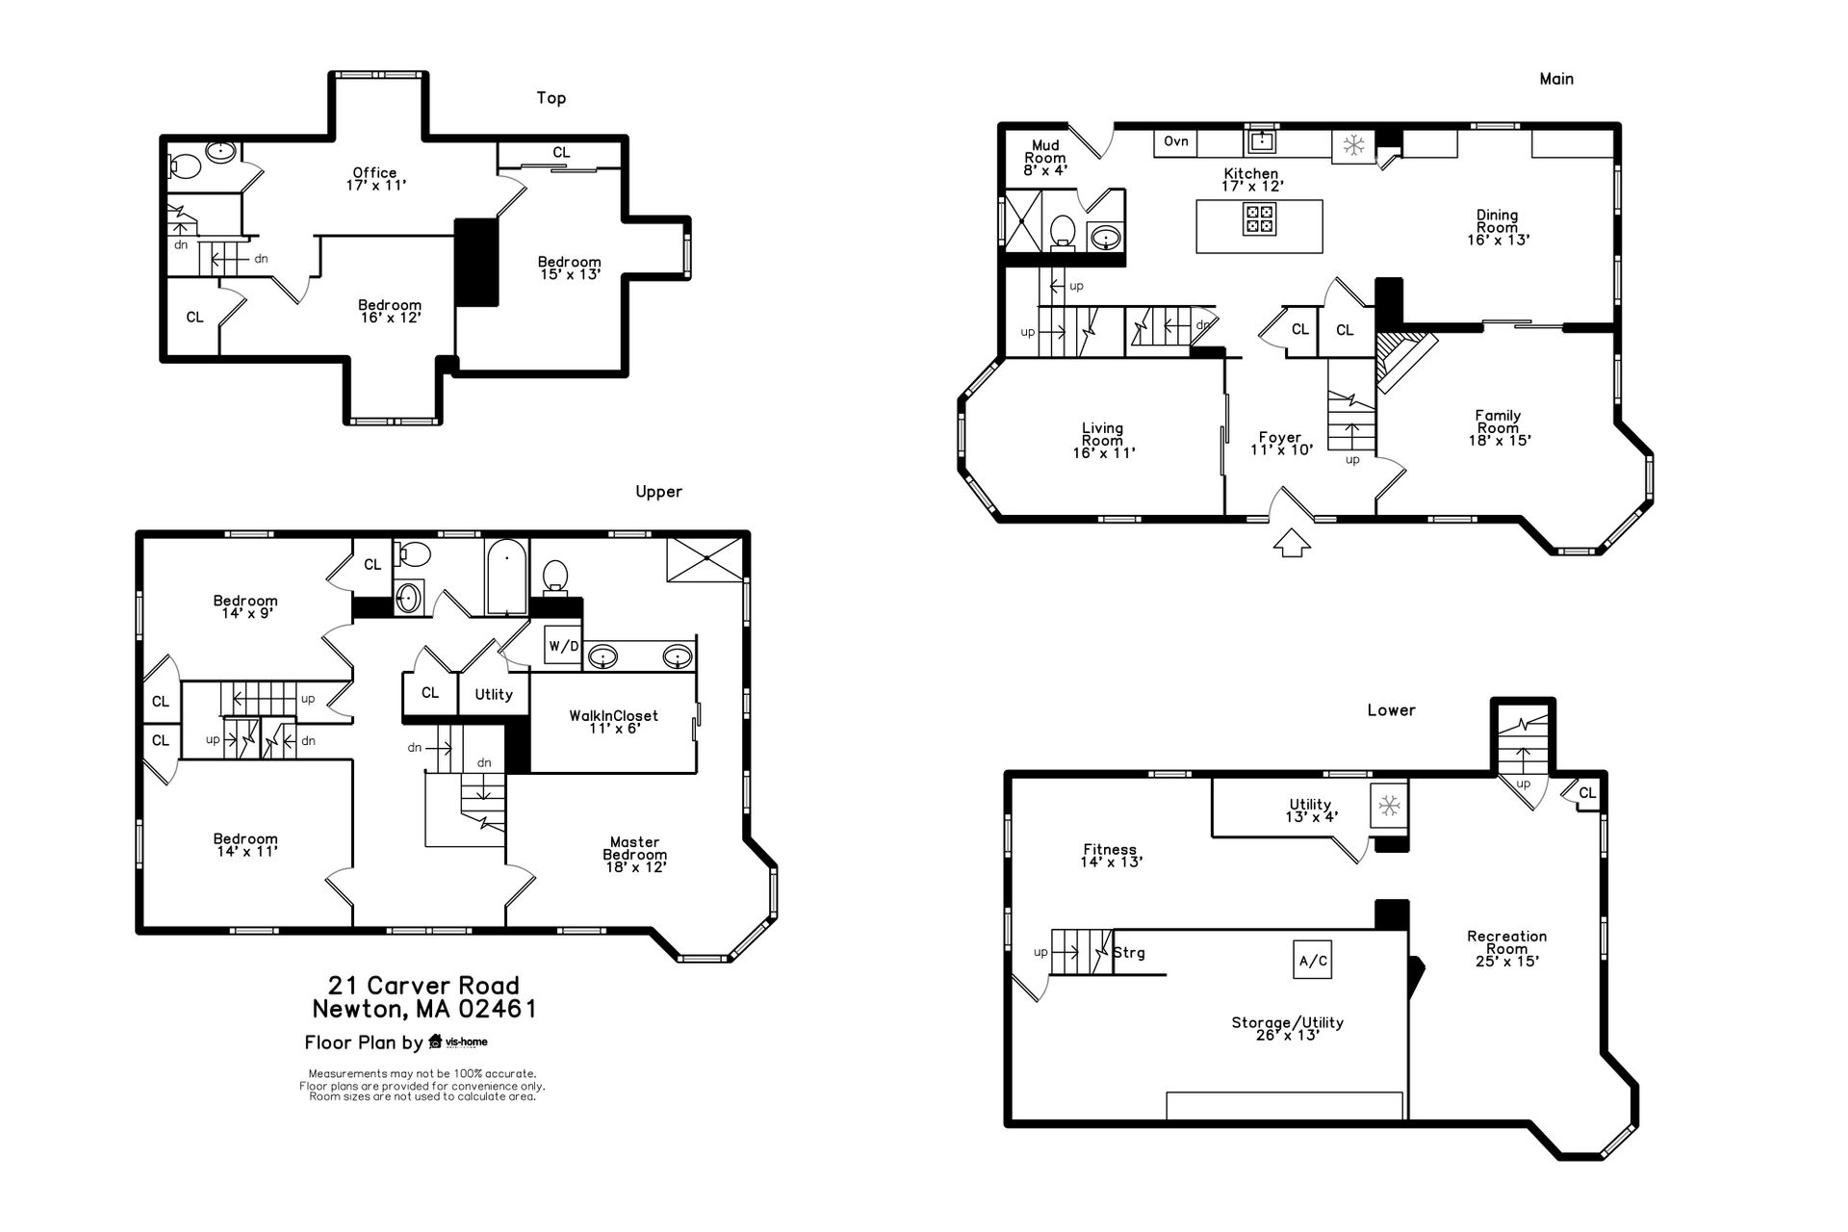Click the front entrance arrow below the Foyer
pos(1292,544)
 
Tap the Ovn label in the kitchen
pos(1176,141)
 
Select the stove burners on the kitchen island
pos(1260,219)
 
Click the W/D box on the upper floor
pos(564,646)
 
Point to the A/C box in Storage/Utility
pos(1313,961)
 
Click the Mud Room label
pos(1045,158)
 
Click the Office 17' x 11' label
pos(374,179)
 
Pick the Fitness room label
pos(1110,856)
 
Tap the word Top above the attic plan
pos(552,98)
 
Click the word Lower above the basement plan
pos(1391,710)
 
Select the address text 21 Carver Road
pos(423,986)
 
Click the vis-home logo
pos(458,1041)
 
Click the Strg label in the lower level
pos(1129,953)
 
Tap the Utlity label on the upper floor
pos(494,694)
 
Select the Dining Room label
pos(1498,227)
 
